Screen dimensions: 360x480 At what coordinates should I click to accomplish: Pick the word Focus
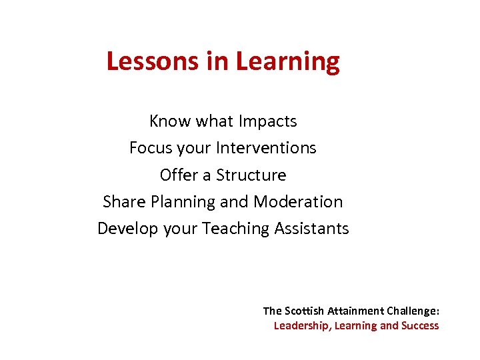(151, 148)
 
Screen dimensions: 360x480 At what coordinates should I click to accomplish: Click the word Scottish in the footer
(305, 311)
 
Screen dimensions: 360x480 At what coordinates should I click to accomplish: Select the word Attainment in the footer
(355, 311)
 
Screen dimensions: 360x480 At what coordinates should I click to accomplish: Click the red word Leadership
(303, 326)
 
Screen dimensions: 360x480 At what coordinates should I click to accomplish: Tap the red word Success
(419, 326)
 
